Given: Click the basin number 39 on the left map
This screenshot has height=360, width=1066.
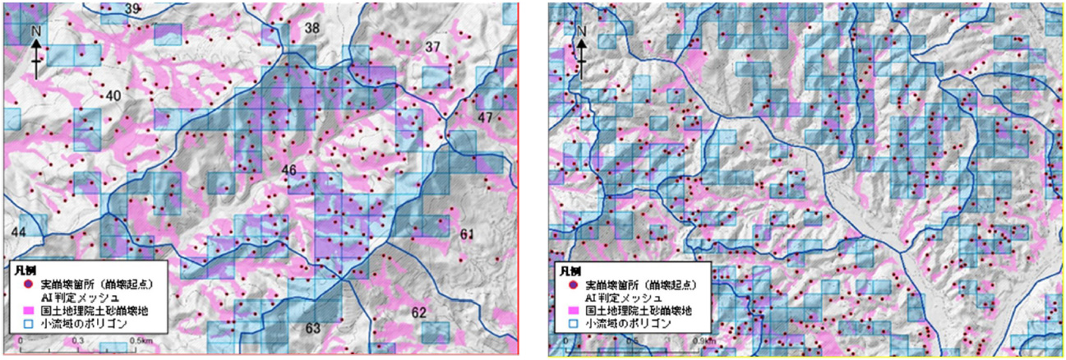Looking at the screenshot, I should click(132, 9).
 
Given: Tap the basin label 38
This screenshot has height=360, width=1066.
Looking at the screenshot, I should click(311, 29).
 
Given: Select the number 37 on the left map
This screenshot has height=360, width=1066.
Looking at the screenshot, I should click(432, 46).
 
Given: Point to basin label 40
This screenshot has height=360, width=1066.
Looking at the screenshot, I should click(113, 95).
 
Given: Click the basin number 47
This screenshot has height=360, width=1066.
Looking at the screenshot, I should click(485, 118).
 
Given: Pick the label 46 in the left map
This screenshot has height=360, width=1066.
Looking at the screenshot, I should click(288, 170).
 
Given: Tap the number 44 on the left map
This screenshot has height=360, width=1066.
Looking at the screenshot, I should click(19, 233).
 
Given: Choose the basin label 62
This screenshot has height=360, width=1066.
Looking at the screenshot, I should click(419, 312).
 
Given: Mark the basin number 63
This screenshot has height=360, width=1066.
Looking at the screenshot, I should click(313, 330).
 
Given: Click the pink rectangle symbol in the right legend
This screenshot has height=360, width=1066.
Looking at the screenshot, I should click(567, 312).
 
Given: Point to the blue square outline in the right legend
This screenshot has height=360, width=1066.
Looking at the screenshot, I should click(567, 325).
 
